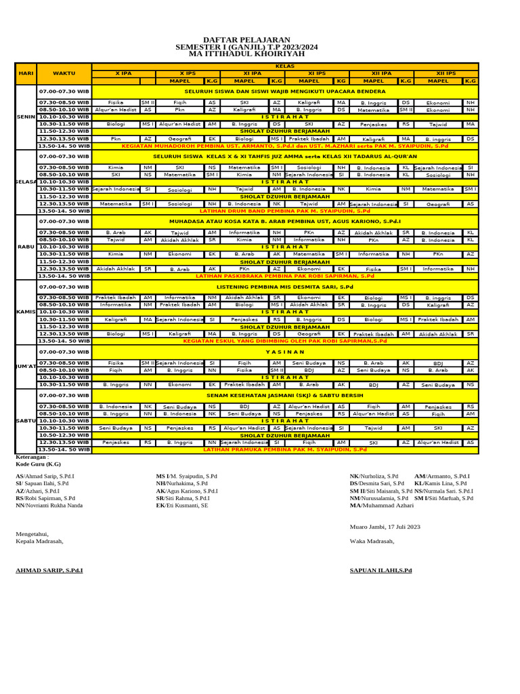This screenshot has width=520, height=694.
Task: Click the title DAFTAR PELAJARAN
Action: (246, 40)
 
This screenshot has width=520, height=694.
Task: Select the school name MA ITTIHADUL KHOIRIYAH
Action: (246, 54)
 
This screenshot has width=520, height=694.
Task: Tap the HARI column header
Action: (26, 73)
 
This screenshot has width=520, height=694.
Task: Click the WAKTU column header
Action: (64, 73)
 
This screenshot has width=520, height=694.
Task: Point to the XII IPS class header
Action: (446, 73)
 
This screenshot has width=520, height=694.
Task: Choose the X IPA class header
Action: (123, 73)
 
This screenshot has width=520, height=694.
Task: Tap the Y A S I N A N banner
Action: (285, 352)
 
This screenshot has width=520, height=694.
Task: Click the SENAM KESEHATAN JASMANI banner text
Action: (285, 394)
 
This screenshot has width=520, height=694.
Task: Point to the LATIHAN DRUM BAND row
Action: (285, 211)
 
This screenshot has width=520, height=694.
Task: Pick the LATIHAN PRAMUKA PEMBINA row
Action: (285, 449)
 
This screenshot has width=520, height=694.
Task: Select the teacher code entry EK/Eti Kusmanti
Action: (181, 505)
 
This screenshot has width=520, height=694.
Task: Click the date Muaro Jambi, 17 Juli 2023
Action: (385, 527)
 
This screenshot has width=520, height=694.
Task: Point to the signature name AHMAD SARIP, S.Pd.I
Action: (49, 571)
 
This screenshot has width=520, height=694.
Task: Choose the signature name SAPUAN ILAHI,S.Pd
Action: (381, 571)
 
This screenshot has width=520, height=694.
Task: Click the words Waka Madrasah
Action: (372, 541)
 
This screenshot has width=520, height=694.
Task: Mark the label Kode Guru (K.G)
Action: (38, 464)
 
